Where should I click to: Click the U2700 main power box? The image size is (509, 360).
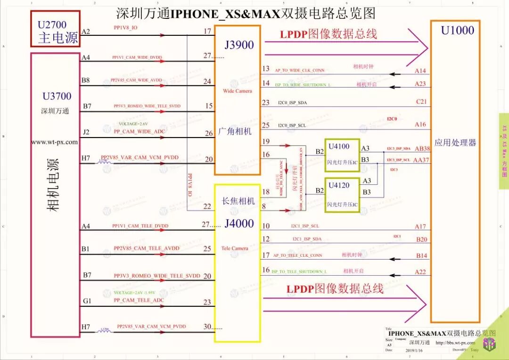(x=55, y=29)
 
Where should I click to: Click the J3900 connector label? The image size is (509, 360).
(x=239, y=45)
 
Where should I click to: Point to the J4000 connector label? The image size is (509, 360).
(x=239, y=223)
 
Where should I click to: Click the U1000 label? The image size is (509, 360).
(x=457, y=31)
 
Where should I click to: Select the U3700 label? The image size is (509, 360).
(x=57, y=96)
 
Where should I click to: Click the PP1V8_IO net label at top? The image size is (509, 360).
(x=125, y=28)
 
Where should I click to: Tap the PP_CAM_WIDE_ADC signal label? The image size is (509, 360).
(x=139, y=131)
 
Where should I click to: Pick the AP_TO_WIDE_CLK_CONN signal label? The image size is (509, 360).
(x=300, y=70)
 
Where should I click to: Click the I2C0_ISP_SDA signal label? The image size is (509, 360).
(x=292, y=102)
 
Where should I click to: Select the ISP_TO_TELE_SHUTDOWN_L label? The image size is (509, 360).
(x=299, y=271)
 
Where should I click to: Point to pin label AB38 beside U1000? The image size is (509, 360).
(x=422, y=148)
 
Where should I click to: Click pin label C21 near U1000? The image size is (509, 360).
(x=421, y=102)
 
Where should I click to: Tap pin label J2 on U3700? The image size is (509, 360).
(x=86, y=132)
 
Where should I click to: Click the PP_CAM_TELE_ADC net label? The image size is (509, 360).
(x=139, y=300)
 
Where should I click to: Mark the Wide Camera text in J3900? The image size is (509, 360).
(x=238, y=91)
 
